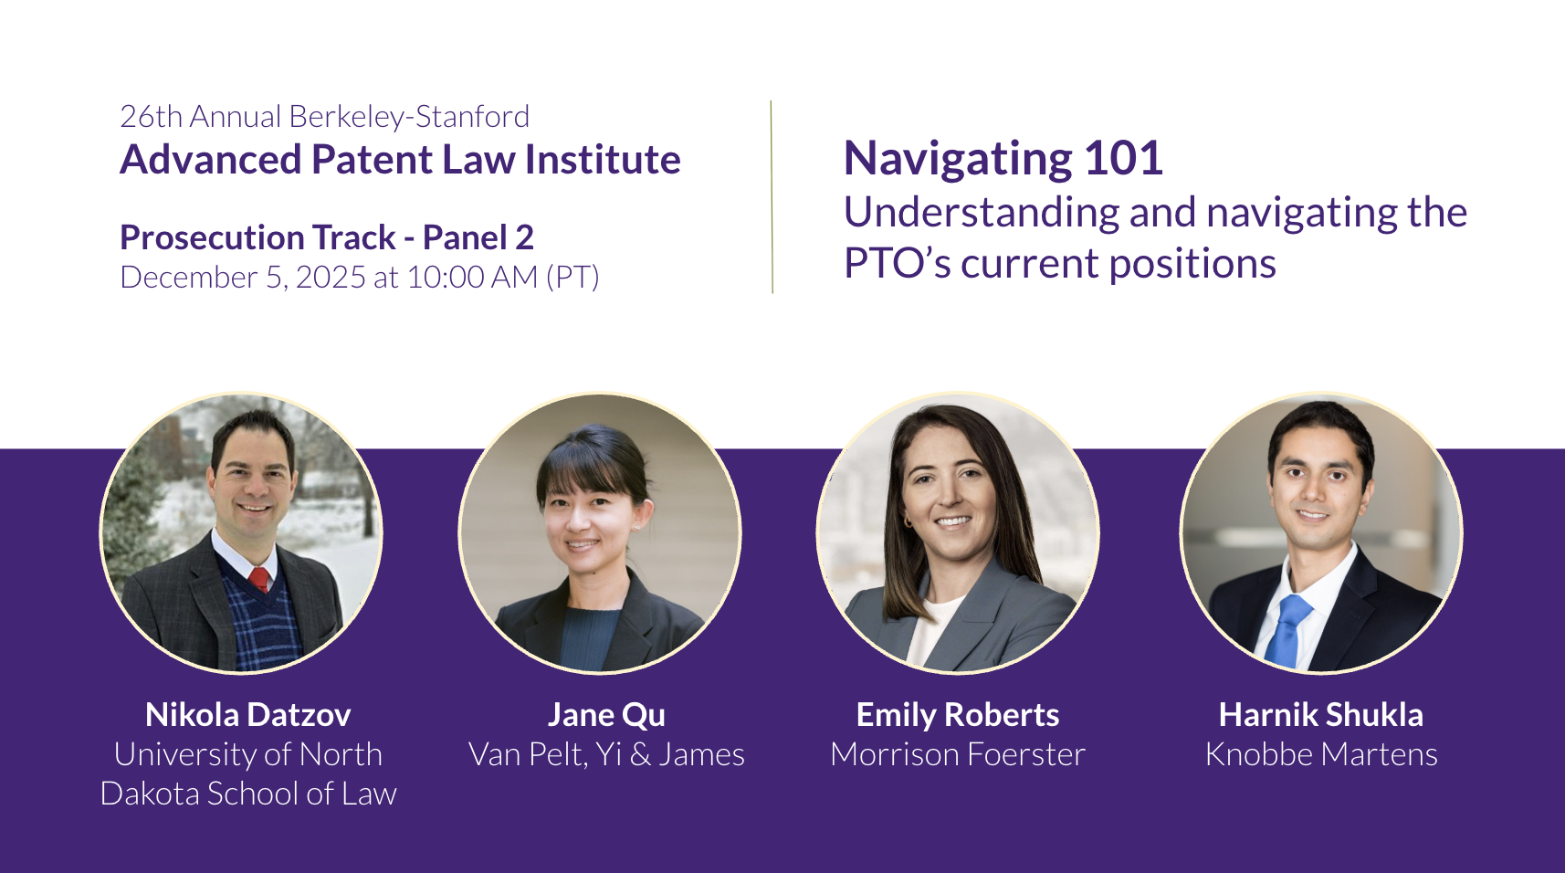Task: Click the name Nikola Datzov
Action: coord(248,714)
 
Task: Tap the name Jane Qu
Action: coord(606,715)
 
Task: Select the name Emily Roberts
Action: coord(958,715)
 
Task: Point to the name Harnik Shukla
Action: coord(1321,714)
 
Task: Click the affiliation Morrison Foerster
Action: coord(958,754)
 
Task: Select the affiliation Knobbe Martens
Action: coord(1321,754)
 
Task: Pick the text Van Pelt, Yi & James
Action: coord(606,755)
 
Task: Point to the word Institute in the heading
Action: coord(603,160)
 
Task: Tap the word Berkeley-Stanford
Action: coord(409,117)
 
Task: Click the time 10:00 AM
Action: coord(472,278)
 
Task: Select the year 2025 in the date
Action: coord(331,278)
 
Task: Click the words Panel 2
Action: coord(478,237)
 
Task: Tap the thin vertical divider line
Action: coord(772,197)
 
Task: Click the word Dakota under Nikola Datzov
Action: coord(150,794)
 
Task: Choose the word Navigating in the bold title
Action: coord(958,161)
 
